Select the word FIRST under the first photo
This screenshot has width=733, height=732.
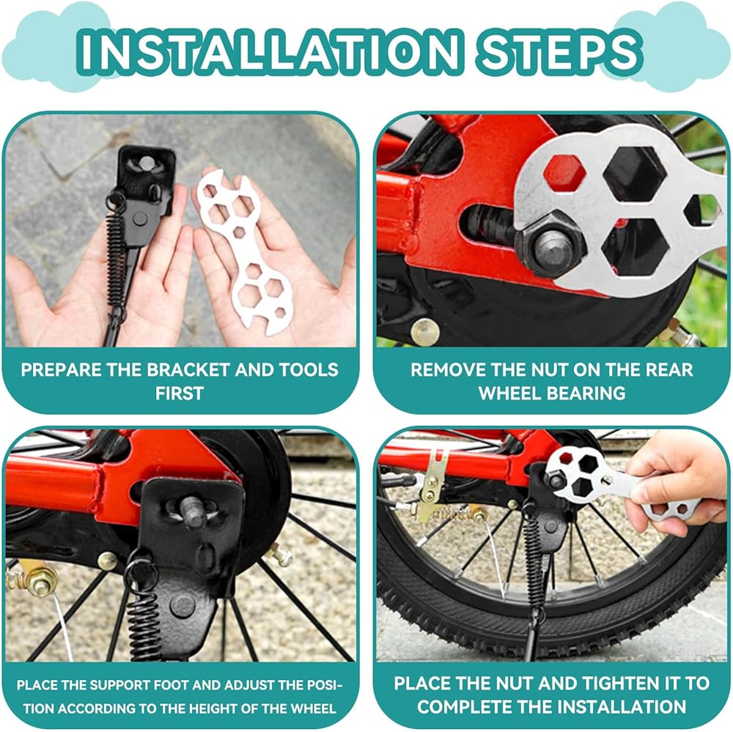click(x=180, y=393)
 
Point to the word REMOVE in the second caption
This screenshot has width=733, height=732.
click(x=445, y=370)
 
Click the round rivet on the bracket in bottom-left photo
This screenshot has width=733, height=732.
click(x=183, y=606)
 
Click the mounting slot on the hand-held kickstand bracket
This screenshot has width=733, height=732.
click(x=147, y=163)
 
